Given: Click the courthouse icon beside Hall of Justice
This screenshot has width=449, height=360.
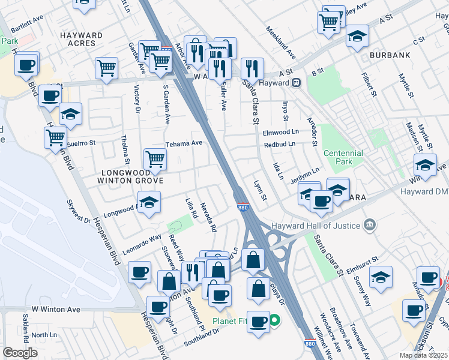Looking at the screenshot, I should pos(370,226).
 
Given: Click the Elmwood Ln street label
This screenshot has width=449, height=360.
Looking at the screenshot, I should pos(281,131).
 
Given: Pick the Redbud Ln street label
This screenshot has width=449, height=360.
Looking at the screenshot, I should pos(280,144).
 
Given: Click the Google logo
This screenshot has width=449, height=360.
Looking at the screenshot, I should pos(20,353).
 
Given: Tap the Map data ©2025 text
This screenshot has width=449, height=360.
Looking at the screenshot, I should pos(423,355).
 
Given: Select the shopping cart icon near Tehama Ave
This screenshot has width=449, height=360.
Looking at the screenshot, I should pos(155,159).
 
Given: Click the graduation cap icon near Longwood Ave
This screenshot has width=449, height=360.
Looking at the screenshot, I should pos(149,201).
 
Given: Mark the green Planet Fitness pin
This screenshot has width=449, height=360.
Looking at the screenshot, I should pos(274,320).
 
